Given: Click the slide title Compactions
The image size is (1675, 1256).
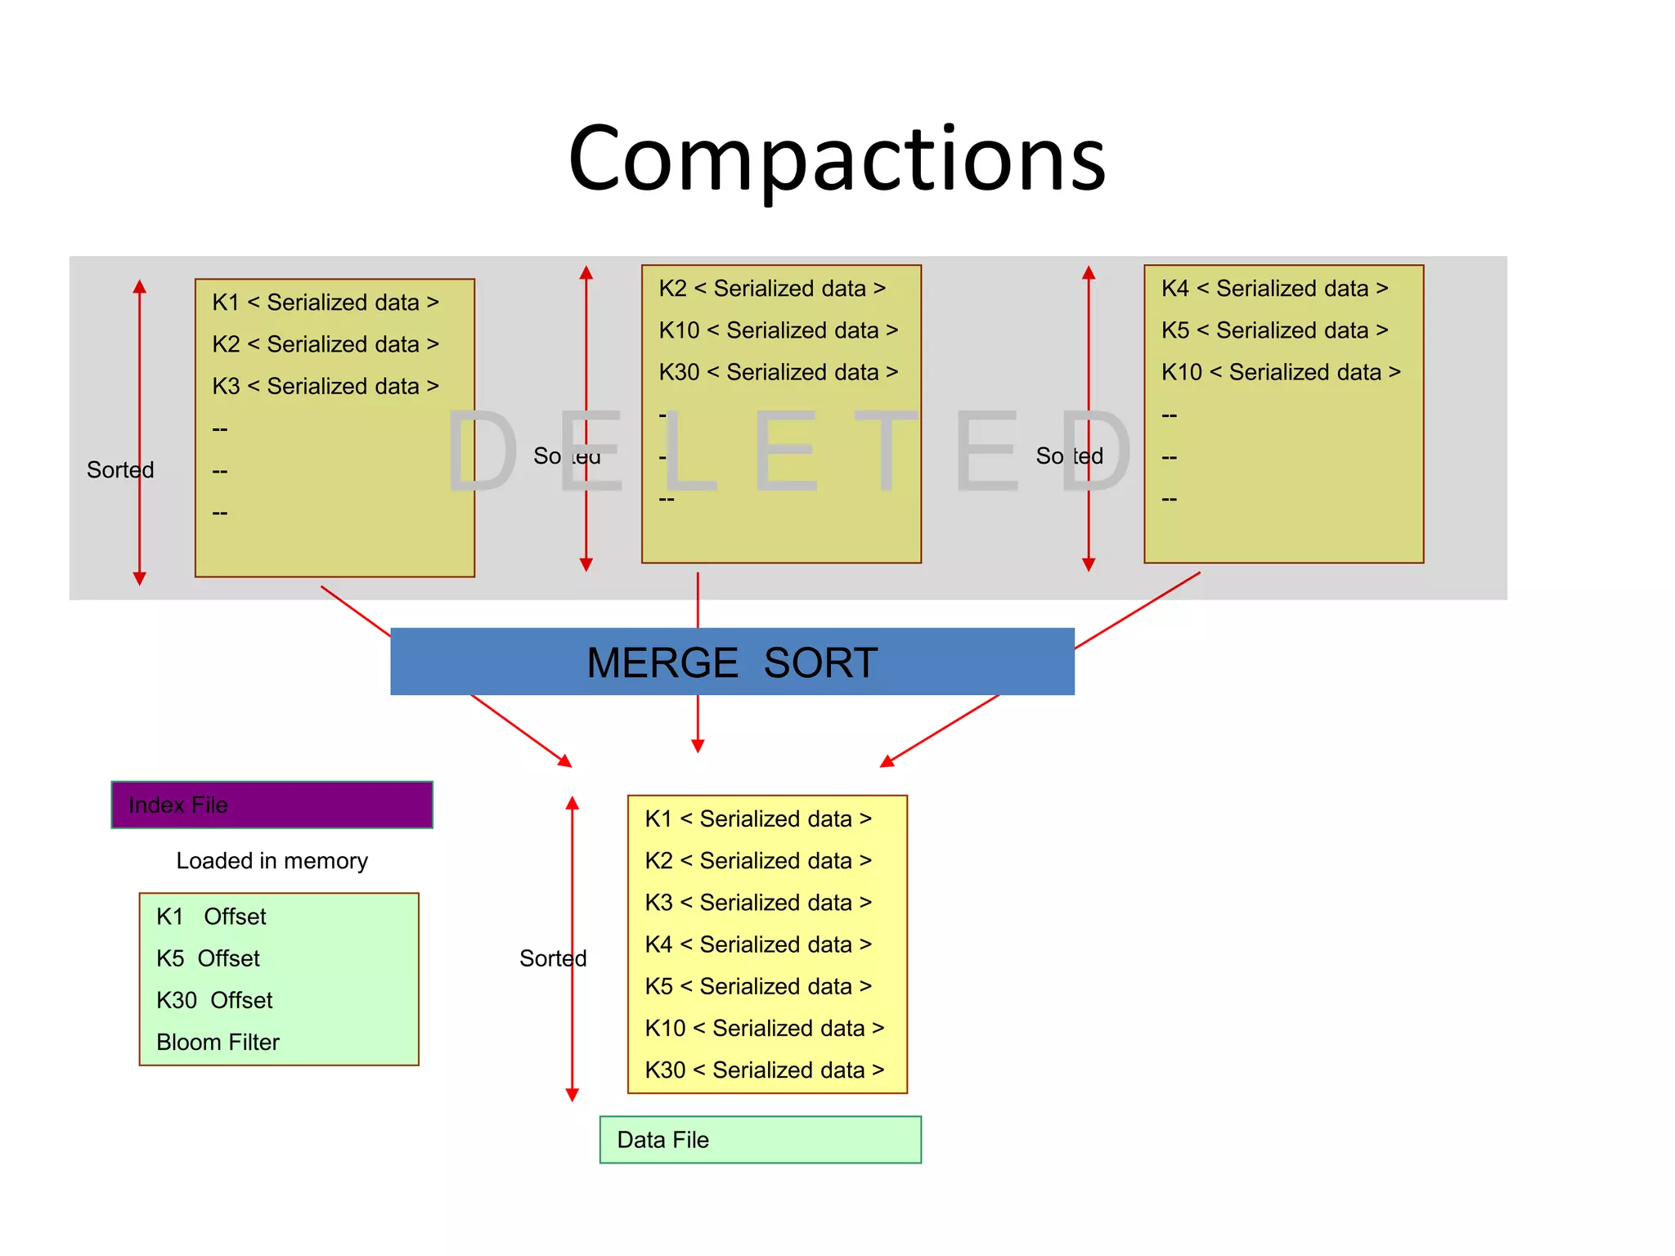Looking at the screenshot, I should (836, 159).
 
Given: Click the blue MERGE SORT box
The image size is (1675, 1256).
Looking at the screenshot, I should (732, 662).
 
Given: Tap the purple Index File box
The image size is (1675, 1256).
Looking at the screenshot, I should (272, 805).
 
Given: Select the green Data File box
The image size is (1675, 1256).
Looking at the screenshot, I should (760, 1139).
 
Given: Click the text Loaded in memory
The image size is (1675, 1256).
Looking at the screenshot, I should (272, 860).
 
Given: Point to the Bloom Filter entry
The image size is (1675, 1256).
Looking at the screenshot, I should (218, 1042).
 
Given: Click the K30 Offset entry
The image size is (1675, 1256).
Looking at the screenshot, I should (214, 1000).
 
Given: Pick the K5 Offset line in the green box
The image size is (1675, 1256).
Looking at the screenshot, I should (208, 958).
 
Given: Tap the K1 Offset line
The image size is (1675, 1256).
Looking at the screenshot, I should (211, 917).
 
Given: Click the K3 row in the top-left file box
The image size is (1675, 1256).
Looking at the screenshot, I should (326, 386).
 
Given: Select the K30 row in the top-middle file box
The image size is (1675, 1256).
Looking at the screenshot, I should (778, 372).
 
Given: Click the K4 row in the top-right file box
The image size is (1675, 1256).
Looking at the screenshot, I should (1274, 289).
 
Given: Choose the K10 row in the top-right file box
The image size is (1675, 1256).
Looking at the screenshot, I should (1281, 372).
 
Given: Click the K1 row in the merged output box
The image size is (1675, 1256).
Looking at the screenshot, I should (758, 819).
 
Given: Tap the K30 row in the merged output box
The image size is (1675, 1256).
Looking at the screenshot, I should (764, 1070).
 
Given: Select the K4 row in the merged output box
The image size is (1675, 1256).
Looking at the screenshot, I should (758, 944).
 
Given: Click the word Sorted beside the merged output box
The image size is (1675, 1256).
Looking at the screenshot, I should (553, 958).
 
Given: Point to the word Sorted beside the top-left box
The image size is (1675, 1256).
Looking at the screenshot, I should (120, 470).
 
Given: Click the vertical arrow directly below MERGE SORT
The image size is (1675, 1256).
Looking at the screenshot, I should (698, 723).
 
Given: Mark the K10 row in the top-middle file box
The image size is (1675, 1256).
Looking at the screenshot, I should (778, 330).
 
